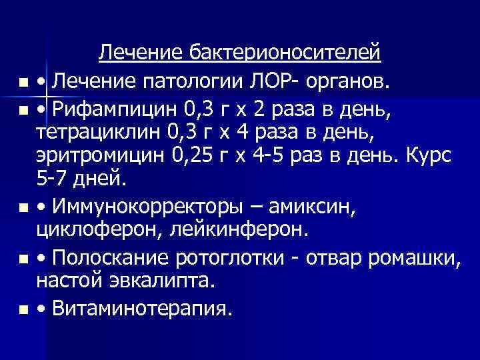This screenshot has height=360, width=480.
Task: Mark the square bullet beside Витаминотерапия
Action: click(x=23, y=310)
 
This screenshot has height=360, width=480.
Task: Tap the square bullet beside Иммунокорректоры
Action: click(x=23, y=209)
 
